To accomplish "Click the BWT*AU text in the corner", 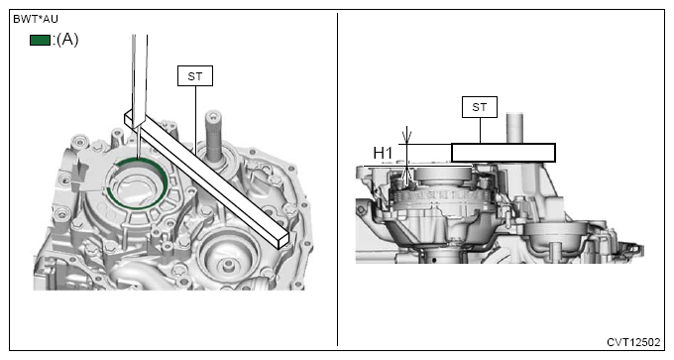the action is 36,20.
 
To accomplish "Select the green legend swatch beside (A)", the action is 40,40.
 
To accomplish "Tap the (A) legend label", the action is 67,40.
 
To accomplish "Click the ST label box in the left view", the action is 195,76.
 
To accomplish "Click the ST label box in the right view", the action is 480,107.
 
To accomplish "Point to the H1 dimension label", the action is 383,153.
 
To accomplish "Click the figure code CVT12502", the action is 633,342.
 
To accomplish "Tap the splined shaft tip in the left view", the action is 213,117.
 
